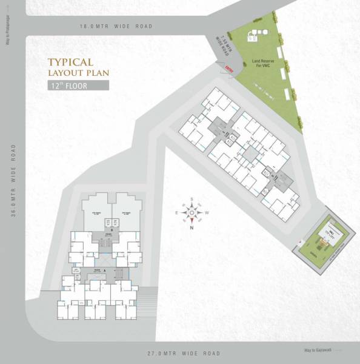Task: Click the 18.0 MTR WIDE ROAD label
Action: click(x=116, y=27)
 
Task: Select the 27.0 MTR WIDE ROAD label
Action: click(x=184, y=353)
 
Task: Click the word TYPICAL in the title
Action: click(x=70, y=62)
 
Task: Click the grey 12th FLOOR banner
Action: click(x=78, y=86)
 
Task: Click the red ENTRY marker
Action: click(x=228, y=68)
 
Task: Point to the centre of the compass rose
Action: click(x=192, y=213)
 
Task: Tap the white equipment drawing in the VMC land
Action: click(x=254, y=35)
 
